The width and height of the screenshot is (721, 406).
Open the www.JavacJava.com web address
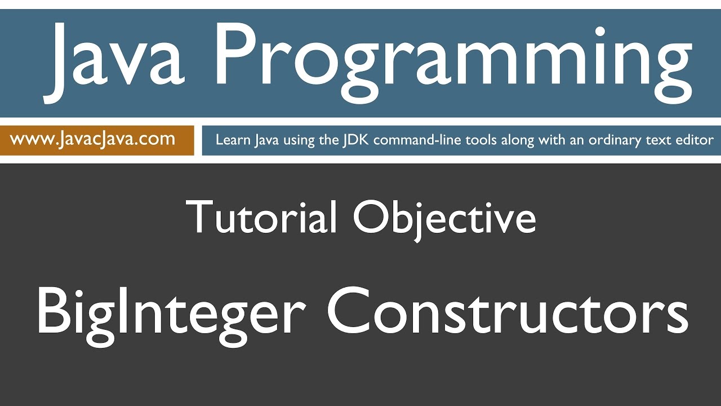pyautogui.click(x=93, y=139)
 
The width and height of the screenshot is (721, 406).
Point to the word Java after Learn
pyautogui.click(x=265, y=140)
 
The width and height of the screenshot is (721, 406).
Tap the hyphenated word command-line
pyautogui.click(x=414, y=140)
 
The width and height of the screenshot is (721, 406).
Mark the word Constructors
pyautogui.click(x=507, y=310)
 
